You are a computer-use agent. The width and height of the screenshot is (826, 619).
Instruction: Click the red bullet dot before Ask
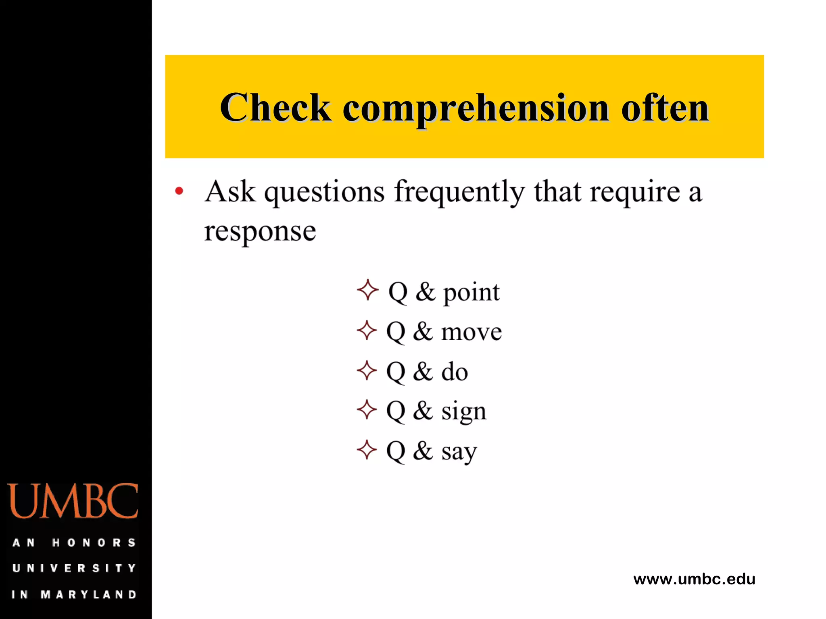coord(179,191)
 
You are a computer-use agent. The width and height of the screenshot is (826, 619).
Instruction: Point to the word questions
coord(324,193)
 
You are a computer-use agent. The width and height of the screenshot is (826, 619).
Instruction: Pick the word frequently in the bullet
coord(459,193)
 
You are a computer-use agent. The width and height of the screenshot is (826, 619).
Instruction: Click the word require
coord(635,193)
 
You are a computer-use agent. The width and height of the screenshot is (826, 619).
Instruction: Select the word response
coord(260,231)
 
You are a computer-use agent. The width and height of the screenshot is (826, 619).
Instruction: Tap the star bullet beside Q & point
coord(367,290)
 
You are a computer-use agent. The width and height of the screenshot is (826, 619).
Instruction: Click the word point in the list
coord(471,293)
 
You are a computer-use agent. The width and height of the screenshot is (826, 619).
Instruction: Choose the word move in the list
coord(471,332)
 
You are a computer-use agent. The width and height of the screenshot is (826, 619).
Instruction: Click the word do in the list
coord(455,371)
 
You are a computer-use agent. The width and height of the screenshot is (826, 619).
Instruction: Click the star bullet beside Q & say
coord(367,449)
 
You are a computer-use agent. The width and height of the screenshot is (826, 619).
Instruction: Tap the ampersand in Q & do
coord(423,371)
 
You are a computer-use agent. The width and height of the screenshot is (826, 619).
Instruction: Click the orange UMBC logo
coord(73,501)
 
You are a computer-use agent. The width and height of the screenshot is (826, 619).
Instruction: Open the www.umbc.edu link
coord(694,579)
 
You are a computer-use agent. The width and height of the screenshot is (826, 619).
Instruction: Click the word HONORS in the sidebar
coord(94,542)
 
